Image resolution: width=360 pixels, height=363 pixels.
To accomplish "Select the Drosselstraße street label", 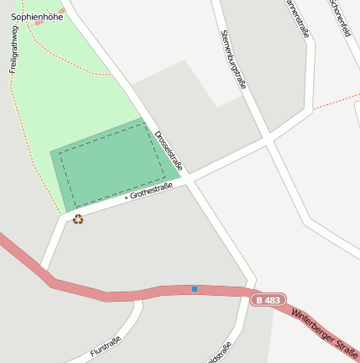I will pyautogui.click(x=169, y=150).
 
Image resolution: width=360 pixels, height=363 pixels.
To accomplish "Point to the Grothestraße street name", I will pyautogui.click(x=151, y=192).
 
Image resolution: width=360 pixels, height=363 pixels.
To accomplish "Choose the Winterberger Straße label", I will pyautogui.click(x=326, y=331).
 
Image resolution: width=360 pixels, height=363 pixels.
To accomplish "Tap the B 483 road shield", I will pyautogui.click(x=268, y=300).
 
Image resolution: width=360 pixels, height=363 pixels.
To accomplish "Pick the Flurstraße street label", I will pyautogui.click(x=105, y=347).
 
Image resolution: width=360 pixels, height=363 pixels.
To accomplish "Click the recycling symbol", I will pyautogui.click(x=78, y=219).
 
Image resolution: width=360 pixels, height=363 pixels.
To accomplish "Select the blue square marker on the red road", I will pyautogui.click(x=195, y=289).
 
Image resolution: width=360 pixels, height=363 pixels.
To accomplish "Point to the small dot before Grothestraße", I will pyautogui.click(x=126, y=197).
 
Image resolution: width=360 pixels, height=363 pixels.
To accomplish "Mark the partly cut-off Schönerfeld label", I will pyautogui.click(x=340, y=17).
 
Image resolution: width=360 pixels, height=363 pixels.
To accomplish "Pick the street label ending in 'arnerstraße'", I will pyautogui.click(x=298, y=17).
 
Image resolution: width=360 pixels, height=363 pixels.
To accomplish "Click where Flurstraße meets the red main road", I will pyautogui.click(x=138, y=296).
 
